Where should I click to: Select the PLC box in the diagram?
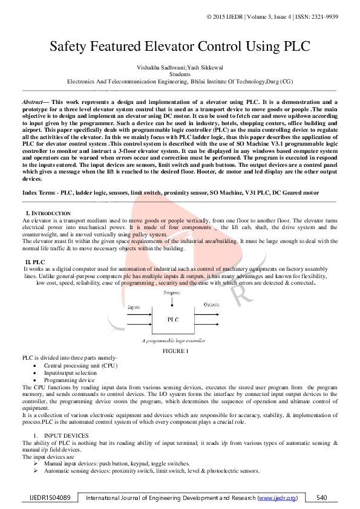(x=173, y=318)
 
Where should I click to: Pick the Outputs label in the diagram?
(x=211, y=305)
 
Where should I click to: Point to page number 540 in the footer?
(x=322, y=498)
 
